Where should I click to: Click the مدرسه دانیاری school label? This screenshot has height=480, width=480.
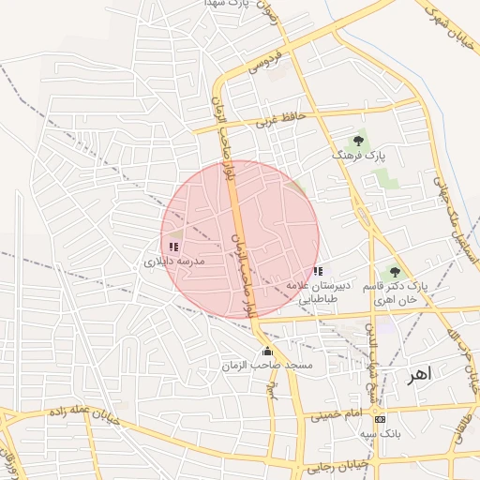coord(172,263)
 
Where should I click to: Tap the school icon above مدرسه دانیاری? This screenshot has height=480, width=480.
coord(173,247)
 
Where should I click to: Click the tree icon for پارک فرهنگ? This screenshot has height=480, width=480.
coord(359,140)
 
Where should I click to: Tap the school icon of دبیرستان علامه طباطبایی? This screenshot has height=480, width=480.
coord(318,271)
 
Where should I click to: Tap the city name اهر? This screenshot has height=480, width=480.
coord(419,375)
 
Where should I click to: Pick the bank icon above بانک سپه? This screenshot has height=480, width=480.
coord(380,419)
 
